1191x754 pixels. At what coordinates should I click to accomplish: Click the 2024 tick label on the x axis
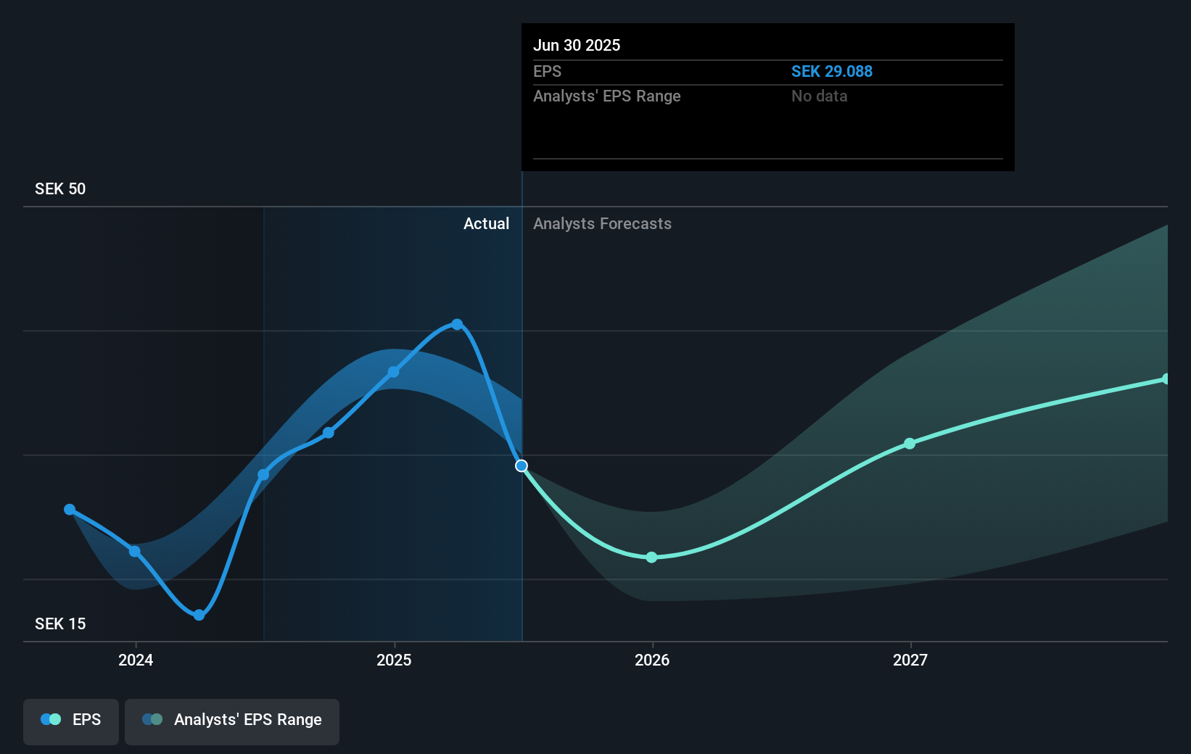point(136,660)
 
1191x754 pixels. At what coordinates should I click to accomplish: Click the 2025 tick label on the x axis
point(394,660)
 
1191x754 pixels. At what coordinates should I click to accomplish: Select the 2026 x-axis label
point(652,660)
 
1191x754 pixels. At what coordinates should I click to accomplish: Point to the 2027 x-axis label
point(910,660)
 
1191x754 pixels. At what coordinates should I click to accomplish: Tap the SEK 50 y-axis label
point(60,189)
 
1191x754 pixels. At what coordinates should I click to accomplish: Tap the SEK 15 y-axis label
point(60,624)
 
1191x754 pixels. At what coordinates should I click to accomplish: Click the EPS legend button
point(71,720)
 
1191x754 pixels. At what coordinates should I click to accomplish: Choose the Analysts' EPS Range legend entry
point(232,720)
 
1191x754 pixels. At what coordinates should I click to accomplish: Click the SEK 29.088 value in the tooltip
point(831,72)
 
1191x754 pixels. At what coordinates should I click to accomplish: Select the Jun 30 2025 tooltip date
point(577,46)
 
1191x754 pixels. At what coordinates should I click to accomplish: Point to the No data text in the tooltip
point(819,96)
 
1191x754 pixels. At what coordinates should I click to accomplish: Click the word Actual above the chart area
point(486,224)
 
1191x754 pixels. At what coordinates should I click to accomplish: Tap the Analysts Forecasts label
point(602,224)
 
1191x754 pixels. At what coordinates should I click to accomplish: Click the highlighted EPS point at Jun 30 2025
point(522,465)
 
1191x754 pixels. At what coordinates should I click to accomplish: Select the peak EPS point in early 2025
point(457,324)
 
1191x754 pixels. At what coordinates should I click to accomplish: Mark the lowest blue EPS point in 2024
point(199,615)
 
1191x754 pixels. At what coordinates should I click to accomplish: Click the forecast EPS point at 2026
point(651,557)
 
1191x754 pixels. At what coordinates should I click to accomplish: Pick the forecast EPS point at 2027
point(910,443)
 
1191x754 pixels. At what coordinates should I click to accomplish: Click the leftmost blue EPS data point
point(70,510)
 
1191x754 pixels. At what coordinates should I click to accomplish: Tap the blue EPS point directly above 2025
point(393,372)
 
